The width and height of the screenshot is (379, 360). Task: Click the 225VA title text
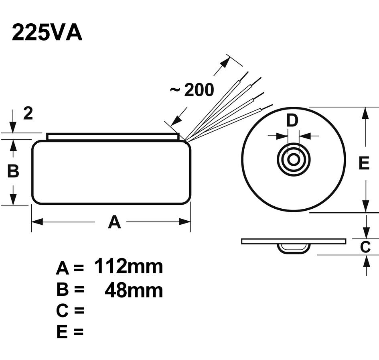pyautogui.click(x=47, y=33)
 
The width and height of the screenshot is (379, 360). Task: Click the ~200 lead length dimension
pyautogui.click(x=192, y=90)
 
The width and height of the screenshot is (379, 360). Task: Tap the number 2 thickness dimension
pyautogui.click(x=28, y=114)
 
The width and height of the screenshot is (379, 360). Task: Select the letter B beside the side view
pyautogui.click(x=13, y=171)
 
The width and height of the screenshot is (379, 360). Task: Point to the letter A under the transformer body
pyautogui.click(x=114, y=222)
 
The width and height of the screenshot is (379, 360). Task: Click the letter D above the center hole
pyautogui.click(x=293, y=120)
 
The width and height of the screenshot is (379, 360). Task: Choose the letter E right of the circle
pyautogui.click(x=364, y=163)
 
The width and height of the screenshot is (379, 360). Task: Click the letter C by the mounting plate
pyautogui.click(x=365, y=247)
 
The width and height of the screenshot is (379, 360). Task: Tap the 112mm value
pyautogui.click(x=129, y=266)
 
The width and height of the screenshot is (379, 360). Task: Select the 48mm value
pyautogui.click(x=134, y=290)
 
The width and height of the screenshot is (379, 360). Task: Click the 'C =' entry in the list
pyautogui.click(x=70, y=311)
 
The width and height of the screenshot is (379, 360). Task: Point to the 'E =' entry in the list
pyautogui.click(x=70, y=332)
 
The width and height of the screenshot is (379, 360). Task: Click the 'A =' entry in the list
pyautogui.click(x=70, y=268)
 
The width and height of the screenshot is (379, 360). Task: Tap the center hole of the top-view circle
pyautogui.click(x=294, y=159)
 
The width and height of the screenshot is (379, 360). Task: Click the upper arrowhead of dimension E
pyautogui.click(x=365, y=113)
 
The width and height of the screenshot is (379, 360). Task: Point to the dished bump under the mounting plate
pyautogui.click(x=294, y=248)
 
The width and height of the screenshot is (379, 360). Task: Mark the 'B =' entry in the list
pyautogui.click(x=70, y=290)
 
